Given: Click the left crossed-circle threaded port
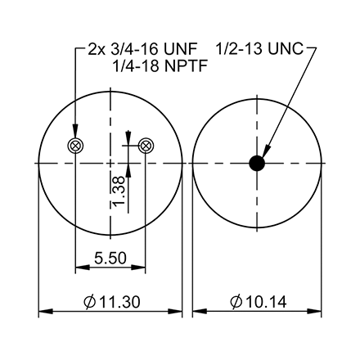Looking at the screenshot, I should click(x=75, y=146).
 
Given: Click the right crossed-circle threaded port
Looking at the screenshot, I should click(x=146, y=146).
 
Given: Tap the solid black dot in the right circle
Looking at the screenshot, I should click(x=257, y=164).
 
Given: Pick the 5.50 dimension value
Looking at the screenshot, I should click(x=110, y=259).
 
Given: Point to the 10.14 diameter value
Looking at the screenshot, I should click(x=264, y=303).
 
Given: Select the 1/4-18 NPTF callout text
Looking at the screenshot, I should click(x=158, y=66).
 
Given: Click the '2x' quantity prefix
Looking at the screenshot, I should click(x=97, y=49).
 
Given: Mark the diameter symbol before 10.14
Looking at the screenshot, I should click(x=236, y=303).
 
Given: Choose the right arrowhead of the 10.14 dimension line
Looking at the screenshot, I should click(x=316, y=312).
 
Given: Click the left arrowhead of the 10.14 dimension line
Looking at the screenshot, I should click(x=199, y=312).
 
